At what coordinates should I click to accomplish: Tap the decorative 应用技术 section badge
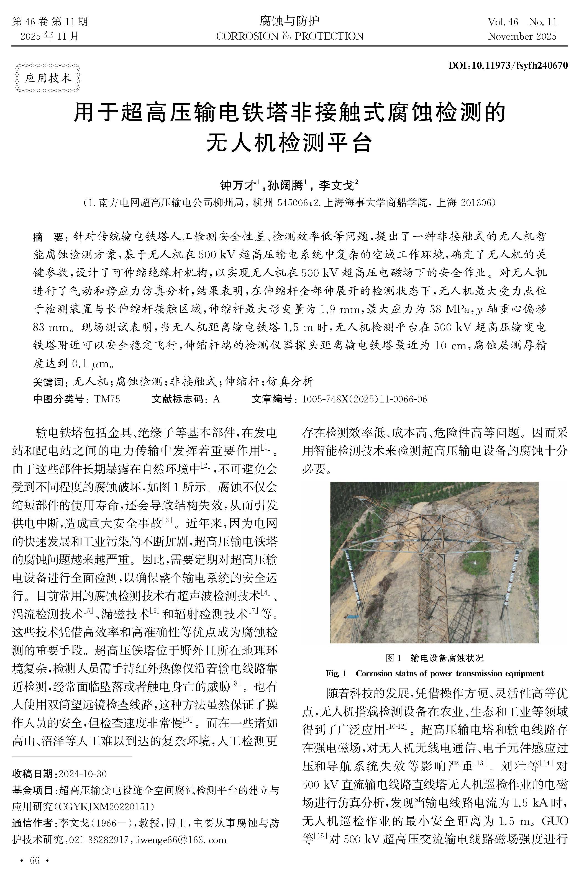(x=48, y=78)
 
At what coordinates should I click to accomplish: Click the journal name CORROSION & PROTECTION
(x=289, y=36)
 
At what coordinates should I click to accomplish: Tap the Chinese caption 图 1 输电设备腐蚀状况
(x=434, y=658)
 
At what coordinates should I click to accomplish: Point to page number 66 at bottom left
(x=34, y=861)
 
